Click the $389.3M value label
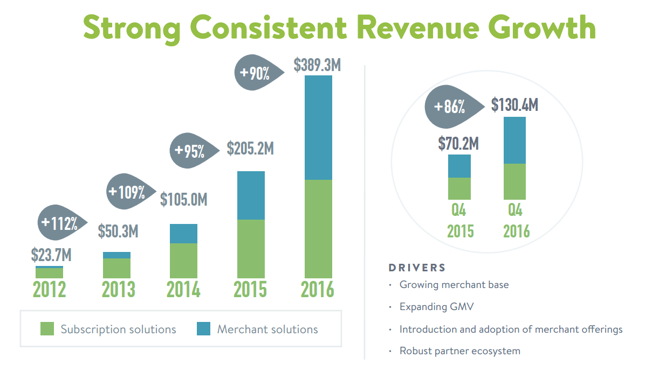point(318,65)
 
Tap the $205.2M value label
point(250,149)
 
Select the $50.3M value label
point(118,231)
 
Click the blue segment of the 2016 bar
point(318,128)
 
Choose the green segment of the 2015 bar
point(251,248)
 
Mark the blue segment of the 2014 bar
point(183,234)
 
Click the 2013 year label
point(118,290)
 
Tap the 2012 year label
point(49,290)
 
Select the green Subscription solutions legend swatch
point(47,329)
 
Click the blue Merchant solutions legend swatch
point(203,329)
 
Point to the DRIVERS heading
point(417,268)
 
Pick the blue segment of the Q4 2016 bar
point(514,140)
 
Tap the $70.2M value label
point(458,144)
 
